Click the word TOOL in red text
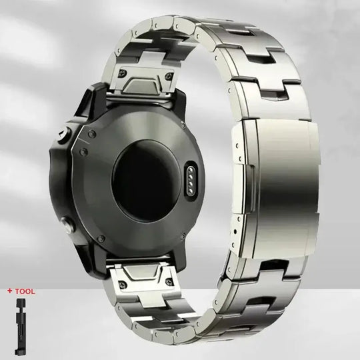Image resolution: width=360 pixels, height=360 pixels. [25, 291]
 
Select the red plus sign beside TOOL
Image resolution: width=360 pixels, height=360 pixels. [10, 291]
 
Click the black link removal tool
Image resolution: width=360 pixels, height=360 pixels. [20, 327]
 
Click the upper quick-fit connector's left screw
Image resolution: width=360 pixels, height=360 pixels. [122, 73]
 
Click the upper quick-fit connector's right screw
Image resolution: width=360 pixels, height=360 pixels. [169, 75]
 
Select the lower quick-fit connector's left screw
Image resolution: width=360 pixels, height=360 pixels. [123, 283]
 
